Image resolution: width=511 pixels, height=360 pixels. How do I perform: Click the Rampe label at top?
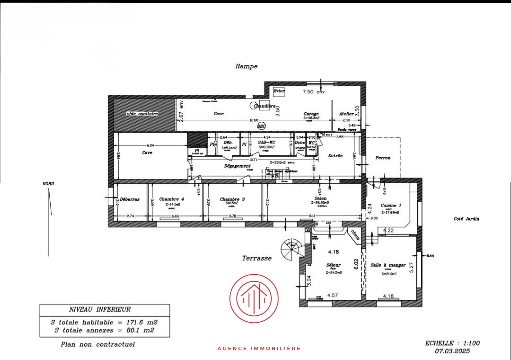click(x=246, y=66)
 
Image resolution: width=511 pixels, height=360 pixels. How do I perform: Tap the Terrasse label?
click(x=256, y=258)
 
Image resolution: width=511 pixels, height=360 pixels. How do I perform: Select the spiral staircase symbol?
click(x=291, y=249)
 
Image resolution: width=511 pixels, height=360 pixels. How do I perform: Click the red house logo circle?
click(x=254, y=299)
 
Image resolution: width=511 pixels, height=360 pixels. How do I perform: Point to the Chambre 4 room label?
click(x=172, y=199)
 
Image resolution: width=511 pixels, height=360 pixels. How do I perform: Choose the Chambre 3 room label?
click(x=232, y=199)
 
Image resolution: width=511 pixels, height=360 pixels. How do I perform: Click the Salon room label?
click(x=320, y=198)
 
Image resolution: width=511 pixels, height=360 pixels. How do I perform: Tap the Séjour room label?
click(x=333, y=265)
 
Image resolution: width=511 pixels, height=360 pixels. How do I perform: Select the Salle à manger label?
click(x=388, y=265)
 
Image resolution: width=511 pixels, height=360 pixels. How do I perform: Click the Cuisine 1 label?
click(x=391, y=205)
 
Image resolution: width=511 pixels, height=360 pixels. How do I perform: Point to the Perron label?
click(x=383, y=158)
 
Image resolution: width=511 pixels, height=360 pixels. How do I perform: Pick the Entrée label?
click(x=335, y=156)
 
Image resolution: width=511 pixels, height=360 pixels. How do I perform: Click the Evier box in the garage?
click(x=279, y=91)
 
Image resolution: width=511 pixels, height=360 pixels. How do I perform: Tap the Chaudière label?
click(x=264, y=106)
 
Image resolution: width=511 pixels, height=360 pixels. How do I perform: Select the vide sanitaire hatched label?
click(x=142, y=114)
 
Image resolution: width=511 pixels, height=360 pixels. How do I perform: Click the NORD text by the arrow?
click(x=48, y=184)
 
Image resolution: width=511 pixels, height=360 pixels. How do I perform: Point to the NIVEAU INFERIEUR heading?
click(x=100, y=309)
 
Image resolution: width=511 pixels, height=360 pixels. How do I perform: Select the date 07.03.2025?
click(x=452, y=351)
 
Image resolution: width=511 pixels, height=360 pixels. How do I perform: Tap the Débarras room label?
click(x=130, y=199)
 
